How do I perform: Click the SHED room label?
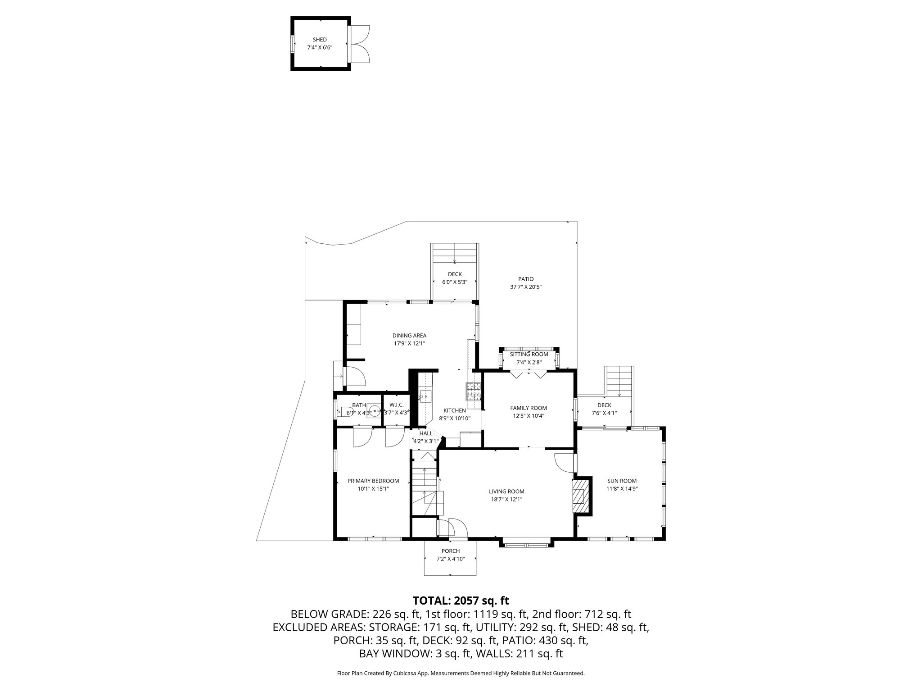point(320,40)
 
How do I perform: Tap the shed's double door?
point(359,44)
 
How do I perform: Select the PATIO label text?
point(525,279)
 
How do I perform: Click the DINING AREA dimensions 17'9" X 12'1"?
point(409,343)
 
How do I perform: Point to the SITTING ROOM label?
point(529,354)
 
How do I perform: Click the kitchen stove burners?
point(474,391)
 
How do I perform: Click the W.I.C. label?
point(397,405)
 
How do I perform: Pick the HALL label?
point(425,433)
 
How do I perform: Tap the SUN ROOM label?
point(622,481)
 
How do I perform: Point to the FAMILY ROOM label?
point(528,408)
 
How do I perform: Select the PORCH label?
point(450,551)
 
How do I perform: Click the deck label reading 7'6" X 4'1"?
point(604,413)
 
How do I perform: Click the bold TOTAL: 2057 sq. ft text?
point(461,600)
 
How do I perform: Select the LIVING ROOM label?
point(506,492)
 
